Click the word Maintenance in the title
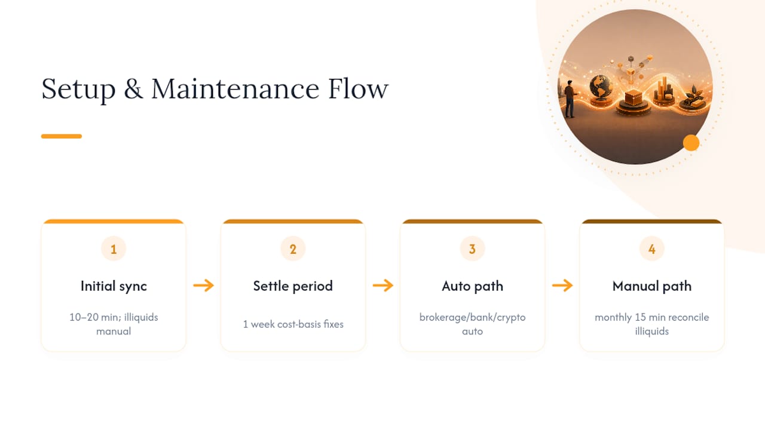point(235,89)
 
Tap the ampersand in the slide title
point(133,89)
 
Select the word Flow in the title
point(358,89)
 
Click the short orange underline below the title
point(62,136)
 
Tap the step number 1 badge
point(114,248)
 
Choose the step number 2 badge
point(293,248)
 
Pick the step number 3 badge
point(472,248)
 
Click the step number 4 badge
point(652,248)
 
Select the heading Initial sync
point(114,286)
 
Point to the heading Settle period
point(293,286)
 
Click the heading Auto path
point(472,286)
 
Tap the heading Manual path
point(652,286)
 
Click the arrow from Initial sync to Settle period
point(204,285)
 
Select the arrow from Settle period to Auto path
point(383,285)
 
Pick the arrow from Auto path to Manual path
point(562,285)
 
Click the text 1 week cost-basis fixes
point(293,324)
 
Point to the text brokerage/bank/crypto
point(472,317)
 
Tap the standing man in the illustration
point(570,99)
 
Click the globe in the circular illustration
point(601,87)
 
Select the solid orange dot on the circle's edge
point(691,143)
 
